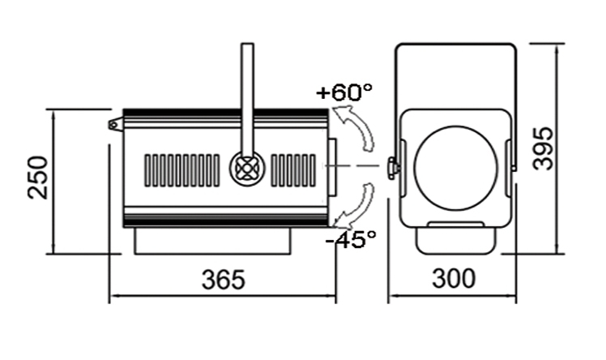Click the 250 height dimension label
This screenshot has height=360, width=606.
[x=38, y=177]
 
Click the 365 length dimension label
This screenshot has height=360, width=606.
[x=224, y=280]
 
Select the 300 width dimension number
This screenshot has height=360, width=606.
[x=454, y=278]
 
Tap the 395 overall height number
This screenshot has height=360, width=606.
[x=543, y=148]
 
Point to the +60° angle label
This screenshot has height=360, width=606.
[x=344, y=92]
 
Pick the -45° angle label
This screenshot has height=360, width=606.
[x=351, y=238]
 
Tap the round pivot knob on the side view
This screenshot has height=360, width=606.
[x=247, y=168]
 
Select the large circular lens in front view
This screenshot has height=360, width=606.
[x=456, y=168]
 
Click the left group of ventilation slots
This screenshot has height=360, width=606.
[x=182, y=170]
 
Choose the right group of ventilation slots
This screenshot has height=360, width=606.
[x=293, y=170]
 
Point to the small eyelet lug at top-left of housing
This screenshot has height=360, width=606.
[x=115, y=125]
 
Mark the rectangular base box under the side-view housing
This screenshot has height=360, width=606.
[x=212, y=241]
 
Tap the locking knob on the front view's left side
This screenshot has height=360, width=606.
[x=393, y=168]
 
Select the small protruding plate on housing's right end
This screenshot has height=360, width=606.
[x=332, y=167]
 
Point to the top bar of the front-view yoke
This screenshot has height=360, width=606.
[x=456, y=45]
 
